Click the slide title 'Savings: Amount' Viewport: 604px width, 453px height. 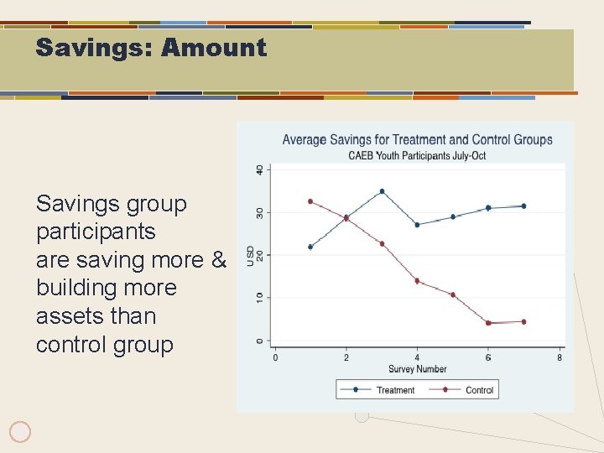point(151,48)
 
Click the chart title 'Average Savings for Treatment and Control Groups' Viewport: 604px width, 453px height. point(417,140)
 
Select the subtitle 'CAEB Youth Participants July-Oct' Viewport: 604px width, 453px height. point(417,155)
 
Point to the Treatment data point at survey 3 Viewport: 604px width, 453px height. point(382,191)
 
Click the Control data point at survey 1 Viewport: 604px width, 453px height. point(310,201)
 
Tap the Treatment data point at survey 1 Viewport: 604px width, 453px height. point(310,247)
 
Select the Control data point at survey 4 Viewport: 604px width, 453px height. point(417,281)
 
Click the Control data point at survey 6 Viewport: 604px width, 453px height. point(488,323)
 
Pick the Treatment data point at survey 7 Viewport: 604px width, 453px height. point(523,206)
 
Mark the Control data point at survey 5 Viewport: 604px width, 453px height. point(453,294)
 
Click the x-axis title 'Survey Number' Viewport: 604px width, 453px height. point(417,369)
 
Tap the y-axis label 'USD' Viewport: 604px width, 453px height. point(250,255)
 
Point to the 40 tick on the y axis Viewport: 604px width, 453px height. point(259,169)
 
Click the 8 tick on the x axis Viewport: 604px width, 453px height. point(560,358)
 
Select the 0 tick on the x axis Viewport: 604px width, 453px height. point(276,358)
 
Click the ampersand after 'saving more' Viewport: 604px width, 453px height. point(219,260)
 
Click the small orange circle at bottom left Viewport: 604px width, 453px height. point(20,432)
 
